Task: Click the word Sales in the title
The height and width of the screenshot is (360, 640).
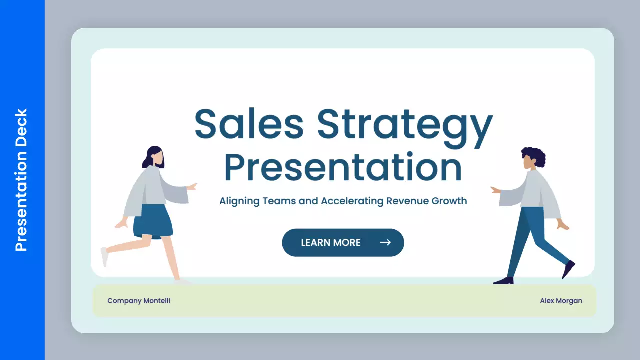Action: (249, 125)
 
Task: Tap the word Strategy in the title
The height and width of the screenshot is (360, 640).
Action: (405, 125)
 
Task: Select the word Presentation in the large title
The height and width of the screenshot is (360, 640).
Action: (343, 168)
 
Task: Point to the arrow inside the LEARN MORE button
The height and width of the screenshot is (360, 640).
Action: (385, 243)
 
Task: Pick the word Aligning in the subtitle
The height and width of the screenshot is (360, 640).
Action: (240, 201)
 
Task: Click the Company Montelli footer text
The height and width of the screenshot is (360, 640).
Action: (139, 301)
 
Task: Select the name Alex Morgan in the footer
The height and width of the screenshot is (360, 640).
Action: (561, 301)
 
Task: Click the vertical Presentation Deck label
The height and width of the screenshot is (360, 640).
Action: (21, 180)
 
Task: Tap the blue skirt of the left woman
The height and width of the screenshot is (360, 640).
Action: (153, 221)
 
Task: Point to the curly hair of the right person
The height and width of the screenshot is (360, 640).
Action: (534, 156)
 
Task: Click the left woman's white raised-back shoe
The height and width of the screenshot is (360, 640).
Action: (104, 256)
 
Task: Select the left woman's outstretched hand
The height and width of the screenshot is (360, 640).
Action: (192, 186)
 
